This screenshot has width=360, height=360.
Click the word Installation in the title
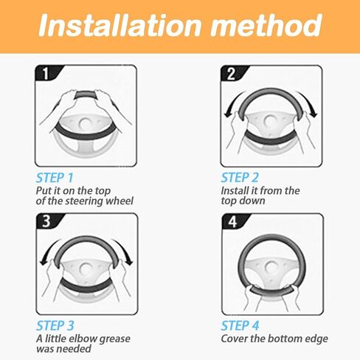point(120,25)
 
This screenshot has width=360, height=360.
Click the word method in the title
point(266,24)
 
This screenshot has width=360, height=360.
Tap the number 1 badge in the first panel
point(46,73)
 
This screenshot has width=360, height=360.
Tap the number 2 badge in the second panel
point(231,74)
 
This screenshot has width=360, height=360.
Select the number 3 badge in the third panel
point(46,221)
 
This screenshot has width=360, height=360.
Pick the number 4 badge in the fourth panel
point(232,221)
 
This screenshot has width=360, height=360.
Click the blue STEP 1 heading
point(55,178)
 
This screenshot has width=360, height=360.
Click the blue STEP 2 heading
point(240,178)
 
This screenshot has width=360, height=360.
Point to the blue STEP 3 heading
point(55,325)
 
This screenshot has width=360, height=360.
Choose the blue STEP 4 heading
point(240,325)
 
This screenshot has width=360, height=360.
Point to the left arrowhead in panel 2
point(229,114)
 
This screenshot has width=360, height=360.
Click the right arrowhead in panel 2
point(313,114)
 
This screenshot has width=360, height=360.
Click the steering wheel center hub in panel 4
point(271,267)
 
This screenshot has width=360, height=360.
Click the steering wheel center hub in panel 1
point(85,124)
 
